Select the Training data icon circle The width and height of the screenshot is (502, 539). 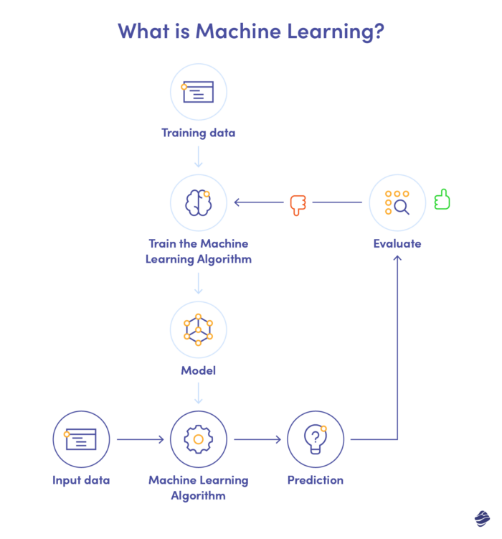pyautogui.click(x=199, y=92)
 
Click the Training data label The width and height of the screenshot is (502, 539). pyautogui.click(x=199, y=133)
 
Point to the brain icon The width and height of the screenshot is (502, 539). pyautogui.click(x=199, y=202)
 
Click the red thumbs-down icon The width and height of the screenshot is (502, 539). pyautogui.click(x=298, y=205)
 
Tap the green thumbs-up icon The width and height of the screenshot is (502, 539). pyautogui.click(x=442, y=199)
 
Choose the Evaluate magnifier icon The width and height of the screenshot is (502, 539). pyautogui.click(x=397, y=202)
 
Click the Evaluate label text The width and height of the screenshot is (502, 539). pyautogui.click(x=397, y=244)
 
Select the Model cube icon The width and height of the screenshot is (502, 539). pyautogui.click(x=199, y=329)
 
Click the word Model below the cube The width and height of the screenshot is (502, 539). pyautogui.click(x=199, y=371)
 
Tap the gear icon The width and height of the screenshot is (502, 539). pyautogui.click(x=199, y=439)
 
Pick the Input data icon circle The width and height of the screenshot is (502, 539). pyautogui.click(x=81, y=439)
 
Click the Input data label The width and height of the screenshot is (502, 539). pyautogui.click(x=81, y=480)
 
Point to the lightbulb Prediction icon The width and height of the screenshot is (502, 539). pyautogui.click(x=316, y=439)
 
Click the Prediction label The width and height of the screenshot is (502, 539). pyautogui.click(x=316, y=480)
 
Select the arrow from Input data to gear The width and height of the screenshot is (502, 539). pyautogui.click(x=139, y=439)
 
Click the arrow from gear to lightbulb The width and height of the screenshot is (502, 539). pyautogui.click(x=257, y=439)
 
